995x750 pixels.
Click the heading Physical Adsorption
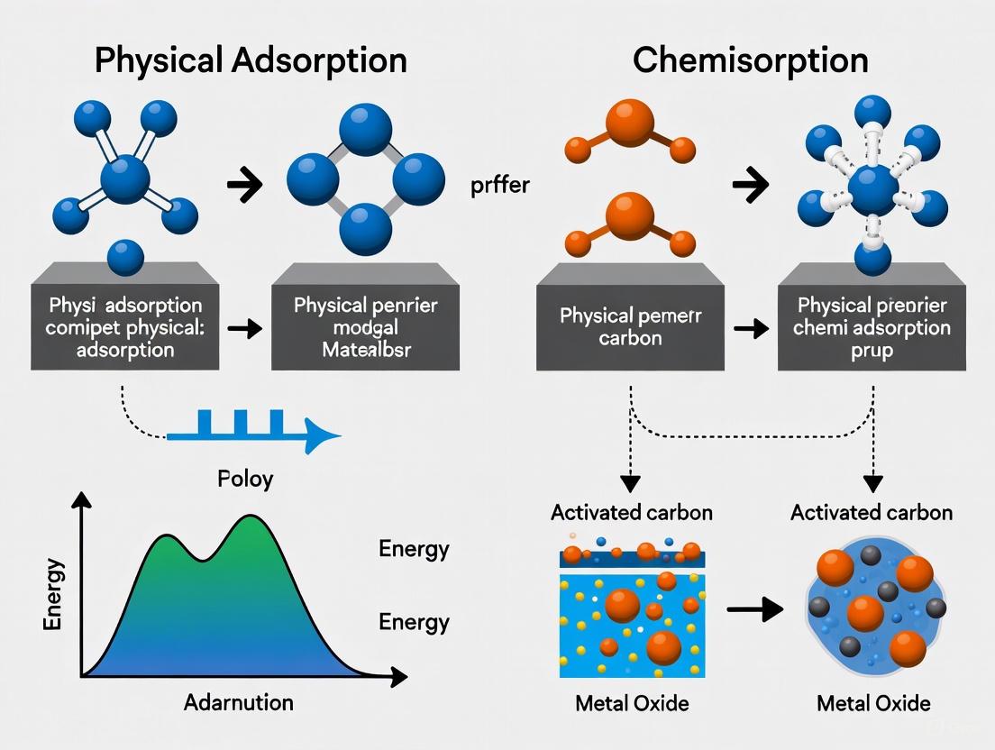tap(251, 59)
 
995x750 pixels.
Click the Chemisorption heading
tap(751, 59)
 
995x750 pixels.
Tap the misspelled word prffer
tap(500, 187)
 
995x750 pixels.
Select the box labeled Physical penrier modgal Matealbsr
tap(364, 326)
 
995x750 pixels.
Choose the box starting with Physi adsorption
tap(126, 326)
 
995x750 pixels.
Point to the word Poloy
tap(245, 478)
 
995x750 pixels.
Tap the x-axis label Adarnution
tap(238, 702)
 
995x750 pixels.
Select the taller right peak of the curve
tap(249, 521)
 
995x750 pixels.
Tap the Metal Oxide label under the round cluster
tap(872, 702)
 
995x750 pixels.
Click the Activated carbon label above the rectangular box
tap(631, 512)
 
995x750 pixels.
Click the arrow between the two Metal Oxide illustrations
tap(754, 610)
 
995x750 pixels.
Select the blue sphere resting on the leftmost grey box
tap(126, 256)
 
